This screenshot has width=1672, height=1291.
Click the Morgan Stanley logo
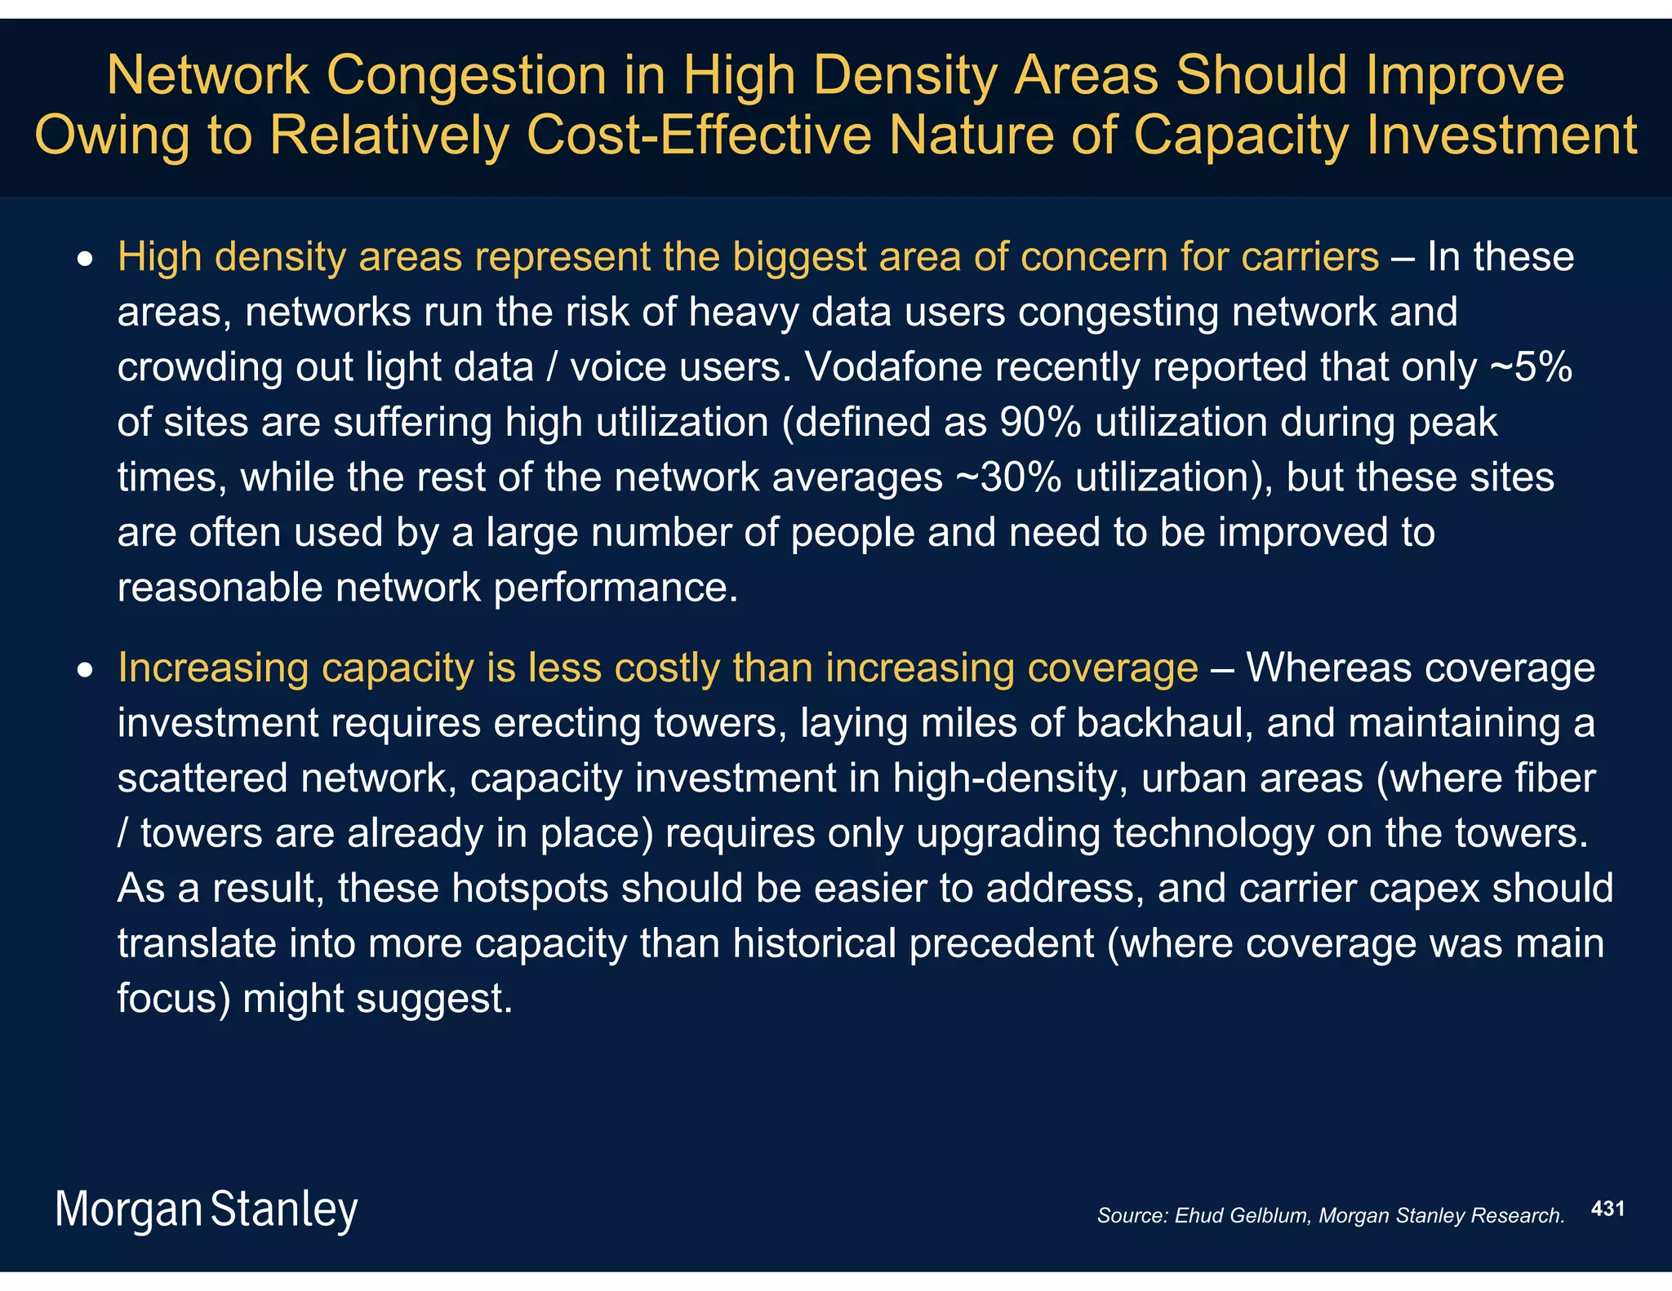point(206,1209)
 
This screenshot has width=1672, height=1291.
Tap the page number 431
point(1608,1209)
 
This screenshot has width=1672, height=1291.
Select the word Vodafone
point(891,367)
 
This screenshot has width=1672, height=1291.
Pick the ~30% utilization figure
point(1008,477)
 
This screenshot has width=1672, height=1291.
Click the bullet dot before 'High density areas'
point(84,260)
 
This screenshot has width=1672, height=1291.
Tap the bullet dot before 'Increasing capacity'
point(84,671)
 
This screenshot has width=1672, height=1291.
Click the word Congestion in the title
point(466,75)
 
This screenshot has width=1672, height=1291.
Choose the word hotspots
point(530,888)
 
